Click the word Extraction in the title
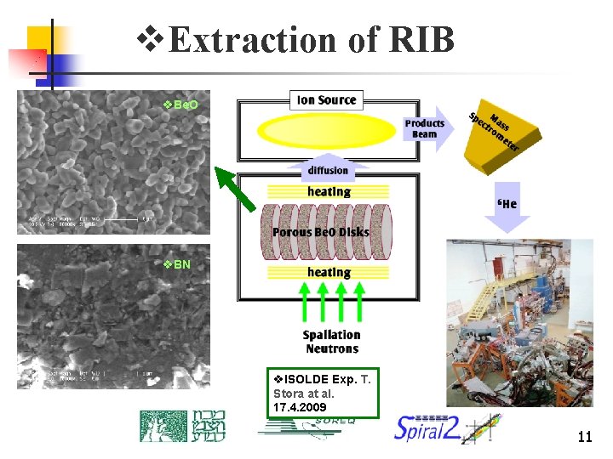(242, 40)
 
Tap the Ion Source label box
(327, 100)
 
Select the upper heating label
(329, 192)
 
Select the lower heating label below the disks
(329, 273)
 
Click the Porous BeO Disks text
(320, 232)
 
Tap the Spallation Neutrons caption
(331, 342)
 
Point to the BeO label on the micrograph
(185, 105)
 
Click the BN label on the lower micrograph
(181, 264)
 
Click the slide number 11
(584, 438)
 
